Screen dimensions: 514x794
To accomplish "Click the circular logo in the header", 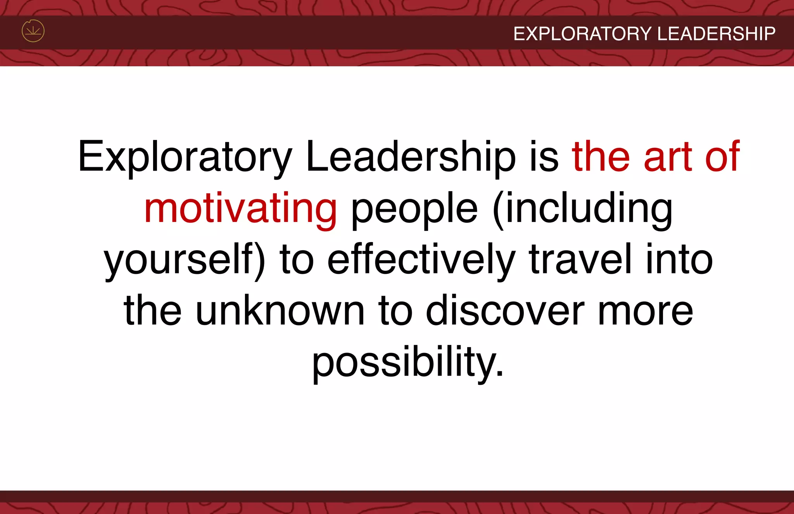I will (33, 31).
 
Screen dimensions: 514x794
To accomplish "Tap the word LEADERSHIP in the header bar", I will (716, 34).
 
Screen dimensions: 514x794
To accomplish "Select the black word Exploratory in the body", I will (185, 157).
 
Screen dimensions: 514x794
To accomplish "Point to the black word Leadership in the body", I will (411, 157).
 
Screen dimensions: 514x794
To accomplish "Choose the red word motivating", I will (240, 209).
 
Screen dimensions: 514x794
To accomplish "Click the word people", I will (414, 209).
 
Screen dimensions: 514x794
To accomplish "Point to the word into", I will (679, 260).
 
